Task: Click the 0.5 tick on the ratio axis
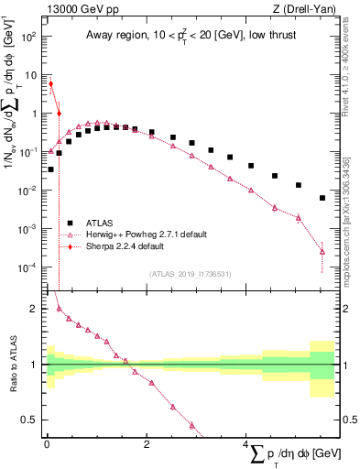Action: tap(29, 420)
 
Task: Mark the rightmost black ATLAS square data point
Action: tap(322, 198)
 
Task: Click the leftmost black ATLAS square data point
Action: tap(50, 169)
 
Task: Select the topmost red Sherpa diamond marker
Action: tap(50, 83)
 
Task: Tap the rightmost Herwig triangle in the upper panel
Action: tap(322, 251)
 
